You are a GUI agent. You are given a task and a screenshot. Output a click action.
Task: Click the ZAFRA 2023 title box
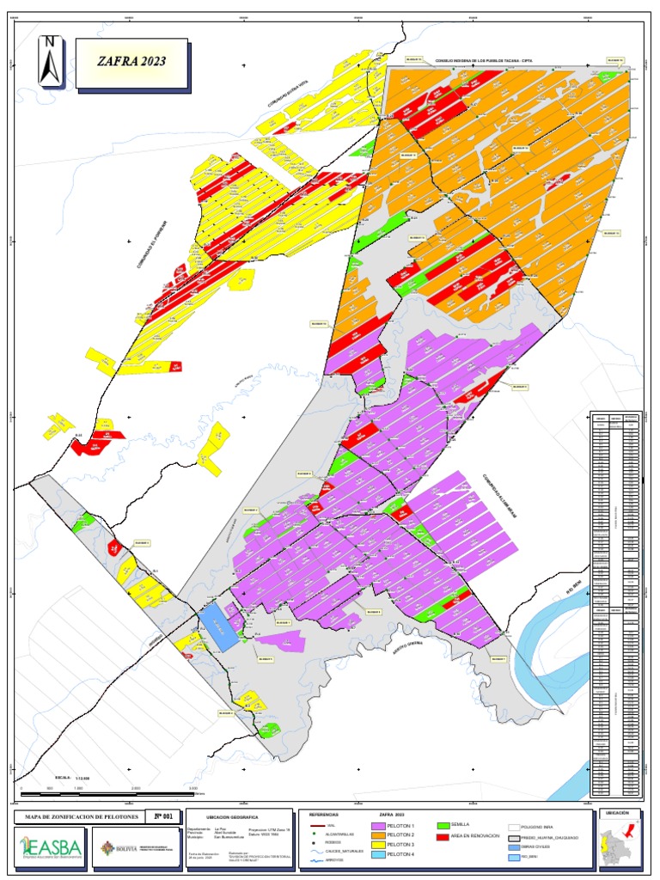(x=132, y=62)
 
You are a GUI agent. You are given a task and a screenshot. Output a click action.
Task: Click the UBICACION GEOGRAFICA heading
(x=234, y=817)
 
